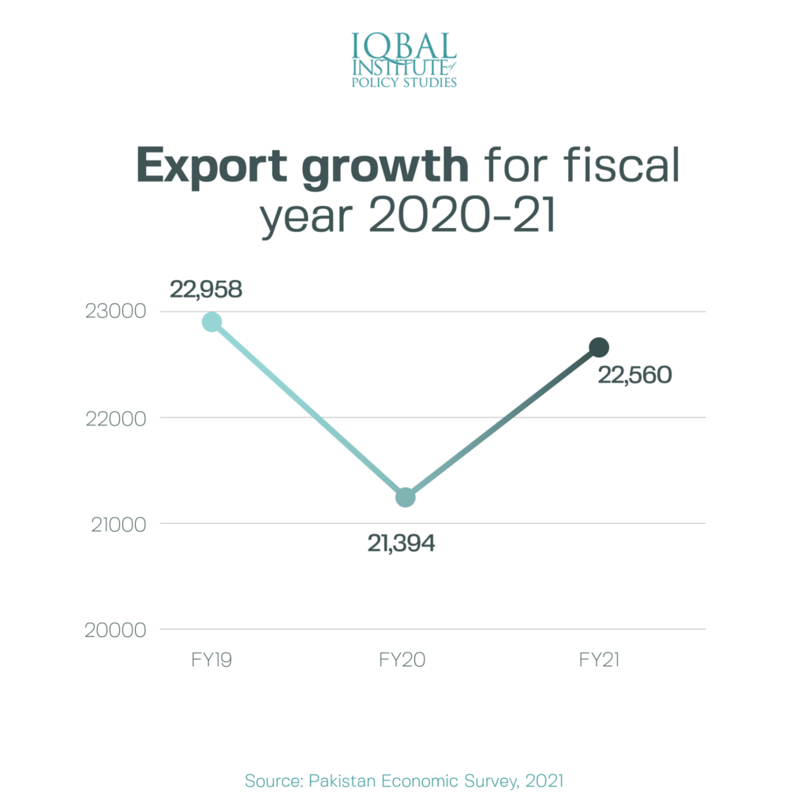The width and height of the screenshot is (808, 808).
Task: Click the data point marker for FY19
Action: tap(211, 322)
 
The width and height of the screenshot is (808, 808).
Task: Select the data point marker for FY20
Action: tap(405, 497)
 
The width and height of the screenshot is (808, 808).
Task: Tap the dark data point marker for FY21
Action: tap(599, 347)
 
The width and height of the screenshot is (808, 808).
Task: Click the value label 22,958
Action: tap(206, 290)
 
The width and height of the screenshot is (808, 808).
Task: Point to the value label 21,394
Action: tap(401, 543)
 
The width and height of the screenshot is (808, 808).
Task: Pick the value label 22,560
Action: tap(634, 376)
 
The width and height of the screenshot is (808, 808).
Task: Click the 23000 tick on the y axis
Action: tap(116, 312)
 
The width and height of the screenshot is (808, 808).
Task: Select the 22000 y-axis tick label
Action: tap(116, 418)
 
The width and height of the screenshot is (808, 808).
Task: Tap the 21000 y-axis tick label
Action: tap(116, 524)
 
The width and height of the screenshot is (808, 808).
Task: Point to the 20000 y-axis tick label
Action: tap(116, 630)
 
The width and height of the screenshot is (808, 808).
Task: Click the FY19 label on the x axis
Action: tap(211, 660)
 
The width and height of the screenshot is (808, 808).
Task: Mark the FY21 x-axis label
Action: tap(599, 660)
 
